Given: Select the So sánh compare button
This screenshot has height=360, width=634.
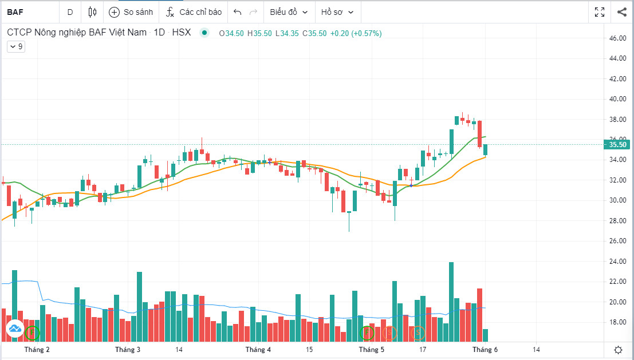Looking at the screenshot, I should pos(131,11).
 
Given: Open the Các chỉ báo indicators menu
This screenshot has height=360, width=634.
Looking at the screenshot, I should pos(194,11).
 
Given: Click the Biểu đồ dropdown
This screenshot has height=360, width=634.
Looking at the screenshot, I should pos(289,11).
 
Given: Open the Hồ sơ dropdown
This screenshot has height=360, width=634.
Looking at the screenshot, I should pos(337,11).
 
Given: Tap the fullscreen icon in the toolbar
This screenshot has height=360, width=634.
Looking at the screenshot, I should pos(600,11).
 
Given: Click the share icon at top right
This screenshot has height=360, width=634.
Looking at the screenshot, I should pos(622,11).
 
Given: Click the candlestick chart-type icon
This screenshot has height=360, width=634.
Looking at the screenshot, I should pos(93,11).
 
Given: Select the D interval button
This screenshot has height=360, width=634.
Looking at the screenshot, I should pos(70,11).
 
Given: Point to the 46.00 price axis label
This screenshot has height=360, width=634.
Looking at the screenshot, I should pos(617,38).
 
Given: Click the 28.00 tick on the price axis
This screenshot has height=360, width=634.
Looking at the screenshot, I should pos(617,221).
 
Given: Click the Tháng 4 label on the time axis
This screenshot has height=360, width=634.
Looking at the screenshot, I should pos(258,349).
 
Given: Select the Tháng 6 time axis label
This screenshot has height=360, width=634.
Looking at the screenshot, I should pos(485,349).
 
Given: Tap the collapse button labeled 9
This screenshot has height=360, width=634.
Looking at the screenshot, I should pos(15,47).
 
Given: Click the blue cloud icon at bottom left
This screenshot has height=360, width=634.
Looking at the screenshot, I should pos(14,329).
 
